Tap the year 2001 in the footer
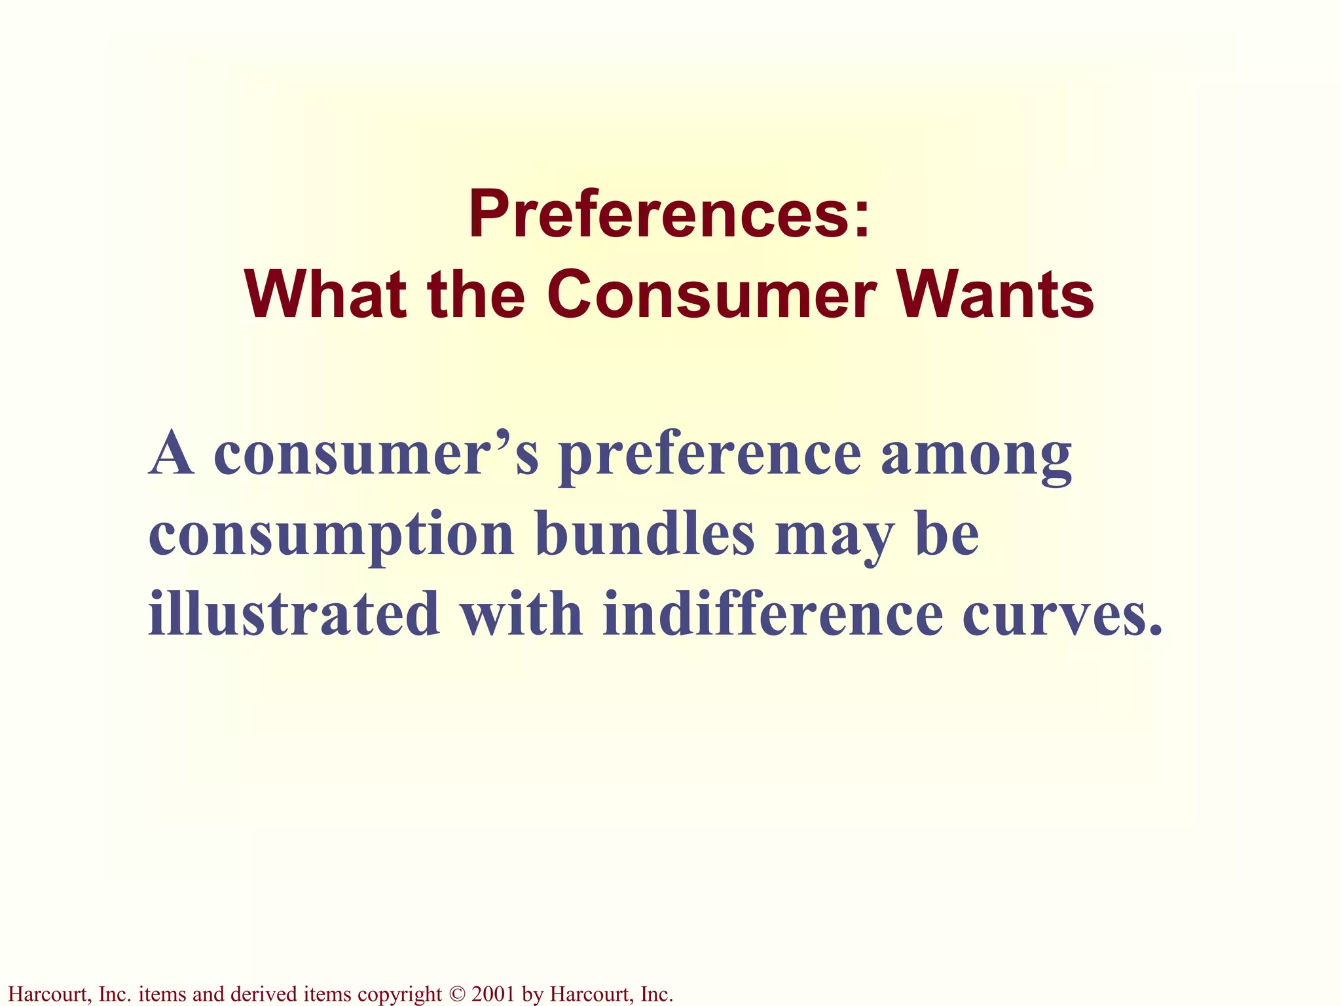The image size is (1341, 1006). (493, 994)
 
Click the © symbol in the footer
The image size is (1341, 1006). (456, 994)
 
